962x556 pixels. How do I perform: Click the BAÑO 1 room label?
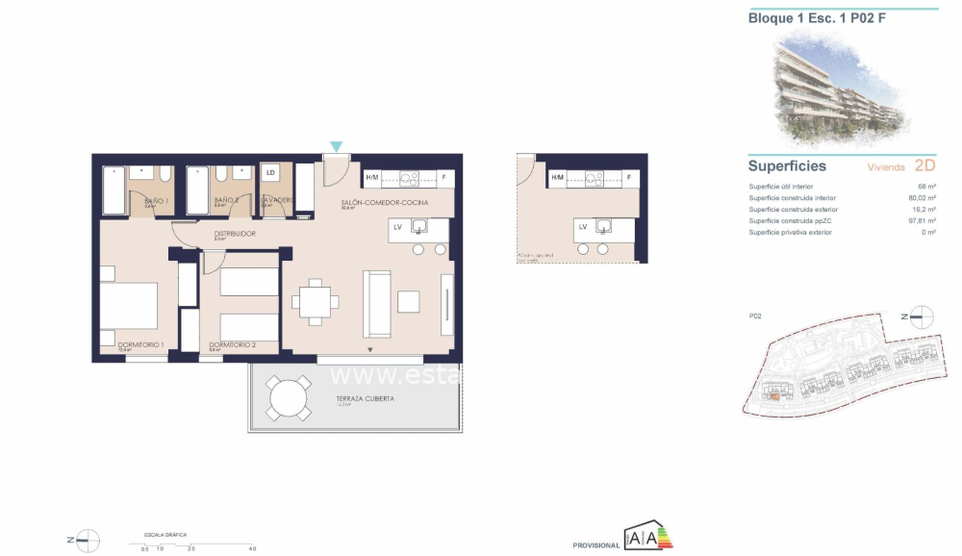[156, 200]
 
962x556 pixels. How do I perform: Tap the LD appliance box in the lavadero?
[270, 173]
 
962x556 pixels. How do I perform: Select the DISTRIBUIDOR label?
[234, 233]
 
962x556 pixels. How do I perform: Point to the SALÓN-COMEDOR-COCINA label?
[384, 204]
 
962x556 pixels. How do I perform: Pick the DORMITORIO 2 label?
[232, 344]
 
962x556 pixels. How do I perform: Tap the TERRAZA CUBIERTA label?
[365, 398]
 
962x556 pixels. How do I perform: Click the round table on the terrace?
[289, 397]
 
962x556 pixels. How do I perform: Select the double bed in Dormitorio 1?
[129, 307]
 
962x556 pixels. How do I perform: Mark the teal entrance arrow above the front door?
[336, 146]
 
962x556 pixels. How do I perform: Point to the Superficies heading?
[787, 165]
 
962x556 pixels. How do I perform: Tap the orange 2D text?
[924, 165]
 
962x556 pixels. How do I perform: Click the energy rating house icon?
[649, 538]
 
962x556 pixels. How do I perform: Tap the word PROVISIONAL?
[596, 545]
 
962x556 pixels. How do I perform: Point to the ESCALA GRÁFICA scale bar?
[198, 544]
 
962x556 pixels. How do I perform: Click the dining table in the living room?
[316, 302]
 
